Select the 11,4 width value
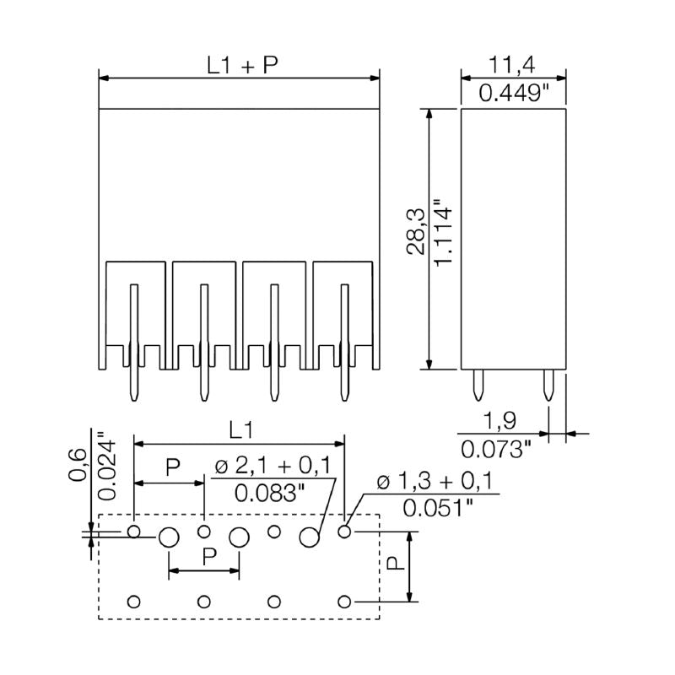tap(513, 64)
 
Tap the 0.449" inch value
tap(513, 93)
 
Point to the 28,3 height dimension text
tap(416, 240)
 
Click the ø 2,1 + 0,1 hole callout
tap(272, 467)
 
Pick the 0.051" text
tap(436, 508)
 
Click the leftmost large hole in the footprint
tap(169, 537)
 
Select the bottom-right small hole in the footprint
tap(343, 602)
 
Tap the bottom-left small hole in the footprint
tap(133, 602)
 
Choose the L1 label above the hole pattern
tap(241, 429)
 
